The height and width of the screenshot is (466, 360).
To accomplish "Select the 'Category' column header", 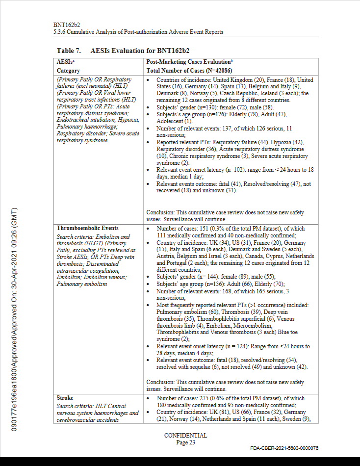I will click(68, 71).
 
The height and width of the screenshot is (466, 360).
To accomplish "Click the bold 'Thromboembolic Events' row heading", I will click(87, 228).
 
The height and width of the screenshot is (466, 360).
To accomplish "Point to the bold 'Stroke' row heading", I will click(65, 398).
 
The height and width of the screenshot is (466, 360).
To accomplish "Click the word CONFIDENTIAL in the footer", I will click(185, 436).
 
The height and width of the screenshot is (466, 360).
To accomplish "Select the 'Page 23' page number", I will click(185, 442).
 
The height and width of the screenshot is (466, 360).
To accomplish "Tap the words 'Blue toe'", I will click(294, 332).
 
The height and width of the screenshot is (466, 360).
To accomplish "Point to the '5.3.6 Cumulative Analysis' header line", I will click(138, 32).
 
